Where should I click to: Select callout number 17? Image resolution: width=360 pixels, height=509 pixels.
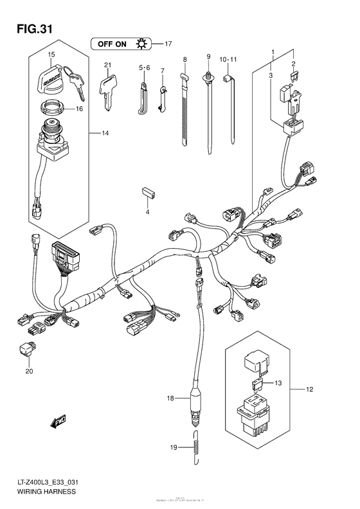click(168, 44)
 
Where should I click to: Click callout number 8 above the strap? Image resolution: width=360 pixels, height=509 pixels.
click(184, 59)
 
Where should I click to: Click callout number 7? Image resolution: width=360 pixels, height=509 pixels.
click(163, 70)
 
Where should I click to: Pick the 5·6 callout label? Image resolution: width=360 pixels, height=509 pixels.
click(143, 67)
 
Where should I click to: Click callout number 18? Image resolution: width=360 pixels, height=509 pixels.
click(170, 399)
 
